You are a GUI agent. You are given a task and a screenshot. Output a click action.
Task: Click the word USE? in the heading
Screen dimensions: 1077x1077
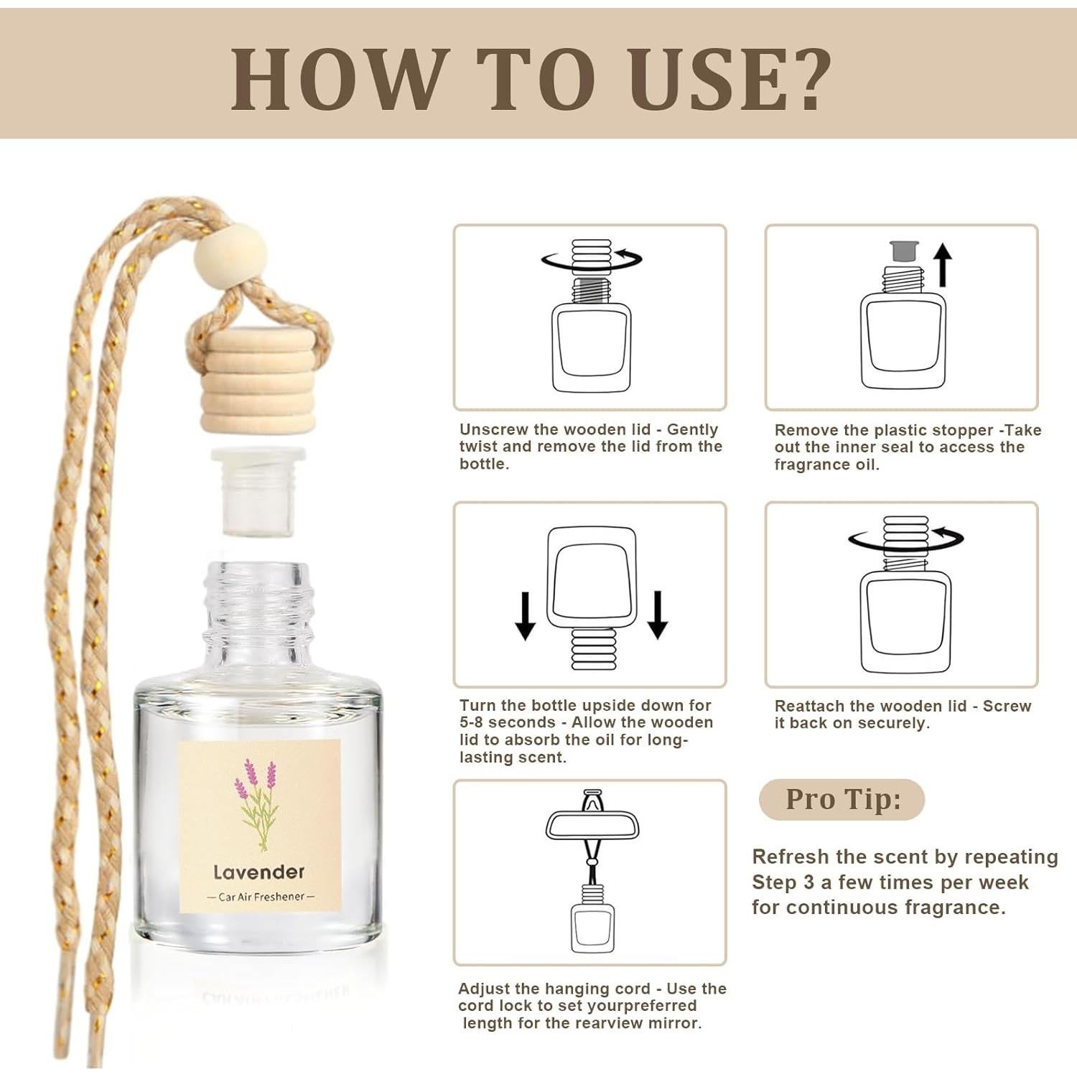tap(729, 79)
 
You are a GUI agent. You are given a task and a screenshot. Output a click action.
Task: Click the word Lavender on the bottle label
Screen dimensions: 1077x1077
tap(258, 872)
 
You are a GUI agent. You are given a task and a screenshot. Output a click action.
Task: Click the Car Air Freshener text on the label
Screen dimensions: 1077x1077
tap(261, 897)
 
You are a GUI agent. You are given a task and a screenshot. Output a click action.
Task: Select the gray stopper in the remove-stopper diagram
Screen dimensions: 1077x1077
tap(904, 252)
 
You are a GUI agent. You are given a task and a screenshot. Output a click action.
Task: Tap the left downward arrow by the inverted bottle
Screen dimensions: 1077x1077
tap(526, 615)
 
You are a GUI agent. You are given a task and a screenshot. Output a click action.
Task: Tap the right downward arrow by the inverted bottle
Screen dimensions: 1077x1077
tap(657, 615)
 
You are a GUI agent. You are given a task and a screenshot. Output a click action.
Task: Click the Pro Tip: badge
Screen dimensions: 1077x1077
tap(841, 799)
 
